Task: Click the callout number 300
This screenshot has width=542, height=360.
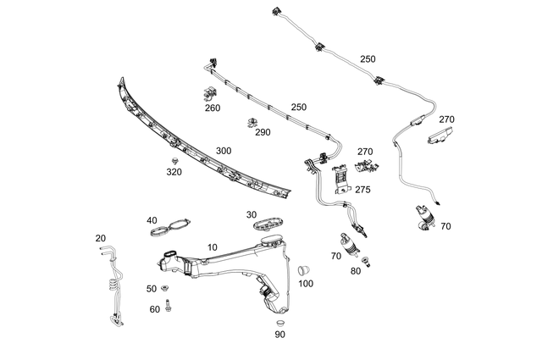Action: pos(224,151)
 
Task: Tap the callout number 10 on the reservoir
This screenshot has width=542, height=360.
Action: pos(212,247)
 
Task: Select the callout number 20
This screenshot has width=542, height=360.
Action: pos(101,238)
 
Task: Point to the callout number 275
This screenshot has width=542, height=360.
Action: pos(362,190)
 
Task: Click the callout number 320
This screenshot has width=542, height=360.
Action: pos(174,172)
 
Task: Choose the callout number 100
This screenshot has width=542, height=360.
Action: pos(305,283)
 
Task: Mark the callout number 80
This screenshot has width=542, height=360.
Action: pos(355,272)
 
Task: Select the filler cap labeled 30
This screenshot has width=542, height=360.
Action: pos(267,223)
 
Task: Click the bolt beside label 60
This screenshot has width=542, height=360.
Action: pos(169,305)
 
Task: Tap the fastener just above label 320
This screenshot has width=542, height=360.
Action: pos(174,160)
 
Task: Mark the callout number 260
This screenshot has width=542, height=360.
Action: pos(212,108)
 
